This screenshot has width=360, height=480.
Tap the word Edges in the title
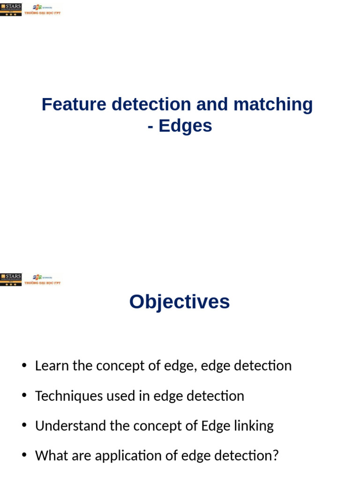[185, 126]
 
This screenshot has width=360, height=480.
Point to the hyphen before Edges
[150, 127]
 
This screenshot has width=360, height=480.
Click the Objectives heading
[180, 302]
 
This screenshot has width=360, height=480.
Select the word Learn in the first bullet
[50, 366]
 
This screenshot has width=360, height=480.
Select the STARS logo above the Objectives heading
[11, 279]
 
